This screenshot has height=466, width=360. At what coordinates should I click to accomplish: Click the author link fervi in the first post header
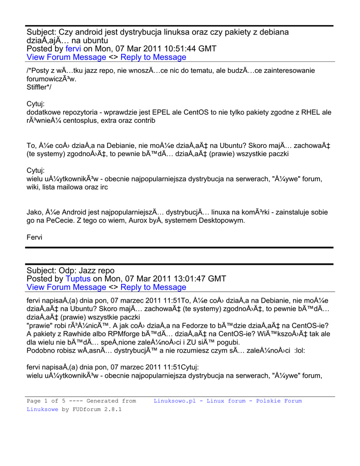point(73,49)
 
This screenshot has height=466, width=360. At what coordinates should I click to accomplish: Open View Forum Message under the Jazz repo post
point(66,287)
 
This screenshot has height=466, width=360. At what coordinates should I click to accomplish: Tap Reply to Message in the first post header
point(153,57)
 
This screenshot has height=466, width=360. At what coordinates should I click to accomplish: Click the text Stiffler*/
point(39,87)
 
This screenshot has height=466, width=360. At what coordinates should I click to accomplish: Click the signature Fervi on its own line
point(35,238)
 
